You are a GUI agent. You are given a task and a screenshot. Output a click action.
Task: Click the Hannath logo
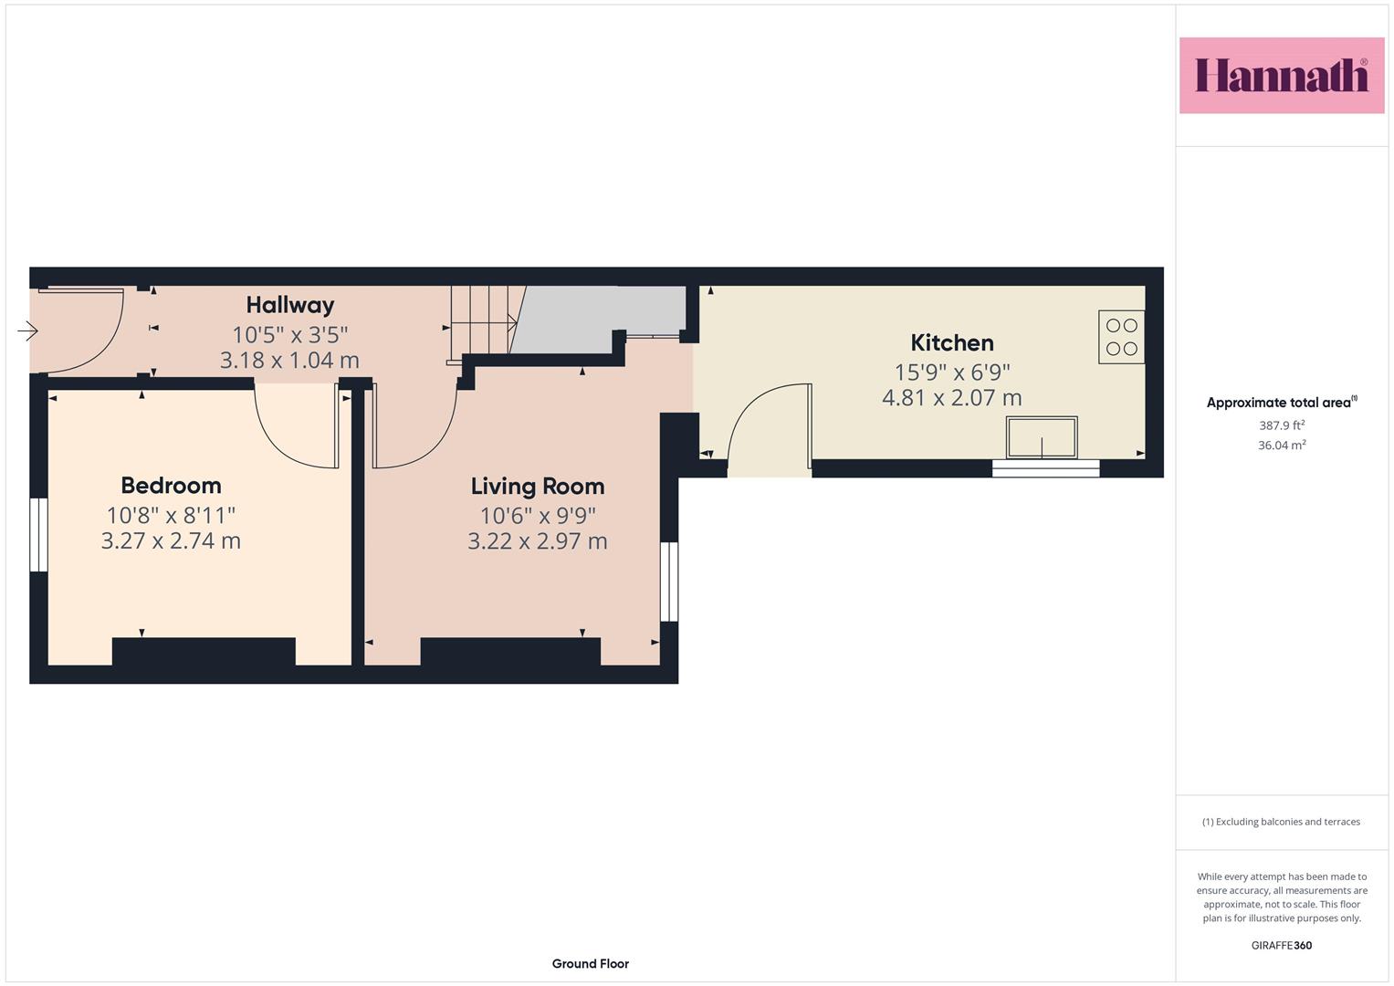(x=1282, y=75)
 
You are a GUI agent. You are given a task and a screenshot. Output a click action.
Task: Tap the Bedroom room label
(x=171, y=486)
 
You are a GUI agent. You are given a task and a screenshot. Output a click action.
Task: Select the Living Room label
(x=538, y=486)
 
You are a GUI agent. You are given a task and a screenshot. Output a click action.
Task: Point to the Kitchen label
(x=952, y=343)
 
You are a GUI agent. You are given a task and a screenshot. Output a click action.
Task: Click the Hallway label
(x=290, y=305)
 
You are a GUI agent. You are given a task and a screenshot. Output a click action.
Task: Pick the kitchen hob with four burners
(x=1121, y=337)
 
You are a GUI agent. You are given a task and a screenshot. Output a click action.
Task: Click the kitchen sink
(x=1042, y=437)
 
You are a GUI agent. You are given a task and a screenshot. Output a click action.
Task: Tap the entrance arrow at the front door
(x=27, y=330)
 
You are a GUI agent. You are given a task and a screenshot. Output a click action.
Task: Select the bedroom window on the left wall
(x=38, y=535)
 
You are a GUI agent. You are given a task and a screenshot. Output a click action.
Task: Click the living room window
(x=669, y=582)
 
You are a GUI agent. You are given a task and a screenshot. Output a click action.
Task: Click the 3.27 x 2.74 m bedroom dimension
(x=171, y=540)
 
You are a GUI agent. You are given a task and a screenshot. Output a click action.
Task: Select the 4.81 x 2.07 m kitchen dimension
(x=952, y=398)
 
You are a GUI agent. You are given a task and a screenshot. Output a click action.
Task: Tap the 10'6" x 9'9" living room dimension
(x=538, y=516)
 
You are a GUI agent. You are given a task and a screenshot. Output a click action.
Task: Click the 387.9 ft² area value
(x=1282, y=425)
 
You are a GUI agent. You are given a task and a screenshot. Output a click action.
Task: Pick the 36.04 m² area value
(x=1282, y=446)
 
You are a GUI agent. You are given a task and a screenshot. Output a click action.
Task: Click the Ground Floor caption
(x=591, y=963)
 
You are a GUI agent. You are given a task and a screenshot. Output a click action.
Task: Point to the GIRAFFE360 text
(x=1282, y=945)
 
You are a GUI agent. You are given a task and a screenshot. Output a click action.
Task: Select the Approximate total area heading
(x=1282, y=402)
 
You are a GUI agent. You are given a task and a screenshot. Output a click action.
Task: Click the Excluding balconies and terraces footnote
(x=1282, y=822)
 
